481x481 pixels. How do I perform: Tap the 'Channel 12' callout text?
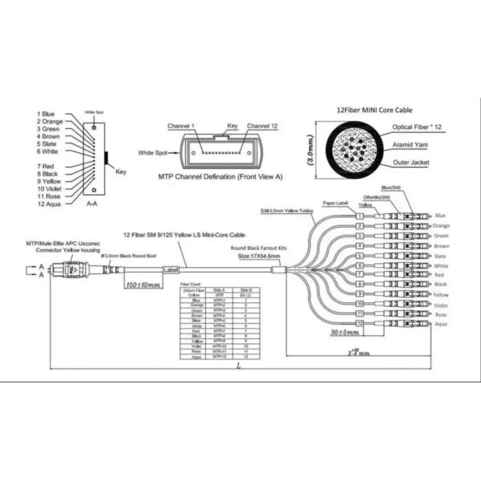(x=263, y=126)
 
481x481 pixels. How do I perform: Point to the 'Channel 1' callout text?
(x=186, y=126)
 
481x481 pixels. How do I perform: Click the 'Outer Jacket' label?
(x=412, y=162)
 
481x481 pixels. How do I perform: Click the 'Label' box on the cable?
(x=170, y=270)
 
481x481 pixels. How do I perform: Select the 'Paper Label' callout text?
(x=337, y=204)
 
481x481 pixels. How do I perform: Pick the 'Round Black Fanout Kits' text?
(x=260, y=249)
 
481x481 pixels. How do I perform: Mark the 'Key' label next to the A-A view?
(x=121, y=172)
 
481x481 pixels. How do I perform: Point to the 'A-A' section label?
(x=93, y=204)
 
